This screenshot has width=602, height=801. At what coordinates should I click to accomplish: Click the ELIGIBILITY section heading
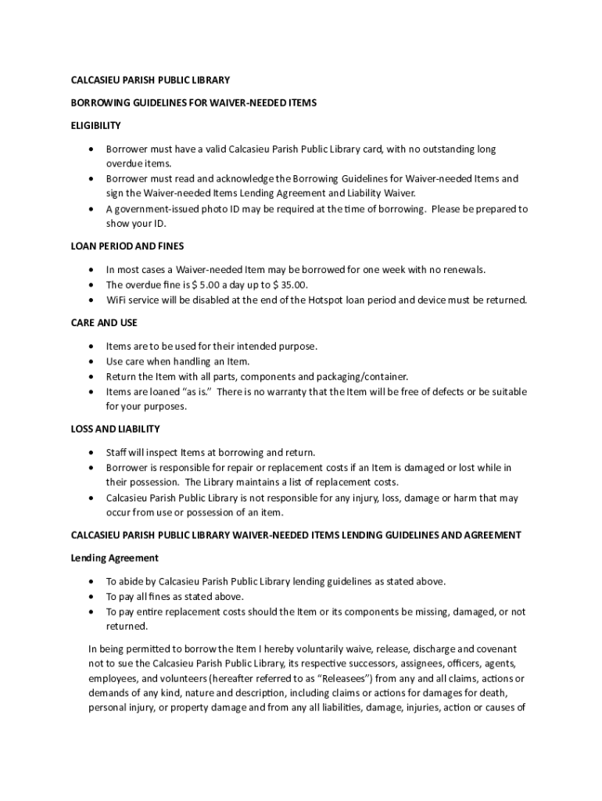(96, 125)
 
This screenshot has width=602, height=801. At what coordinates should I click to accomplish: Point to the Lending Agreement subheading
(115, 558)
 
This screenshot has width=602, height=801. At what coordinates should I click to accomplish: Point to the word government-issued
(156, 209)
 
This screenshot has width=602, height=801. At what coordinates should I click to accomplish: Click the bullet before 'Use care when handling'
(92, 361)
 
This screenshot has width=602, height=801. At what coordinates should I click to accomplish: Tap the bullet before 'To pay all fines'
(92, 596)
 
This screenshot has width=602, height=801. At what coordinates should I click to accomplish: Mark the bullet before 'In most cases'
(92, 270)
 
